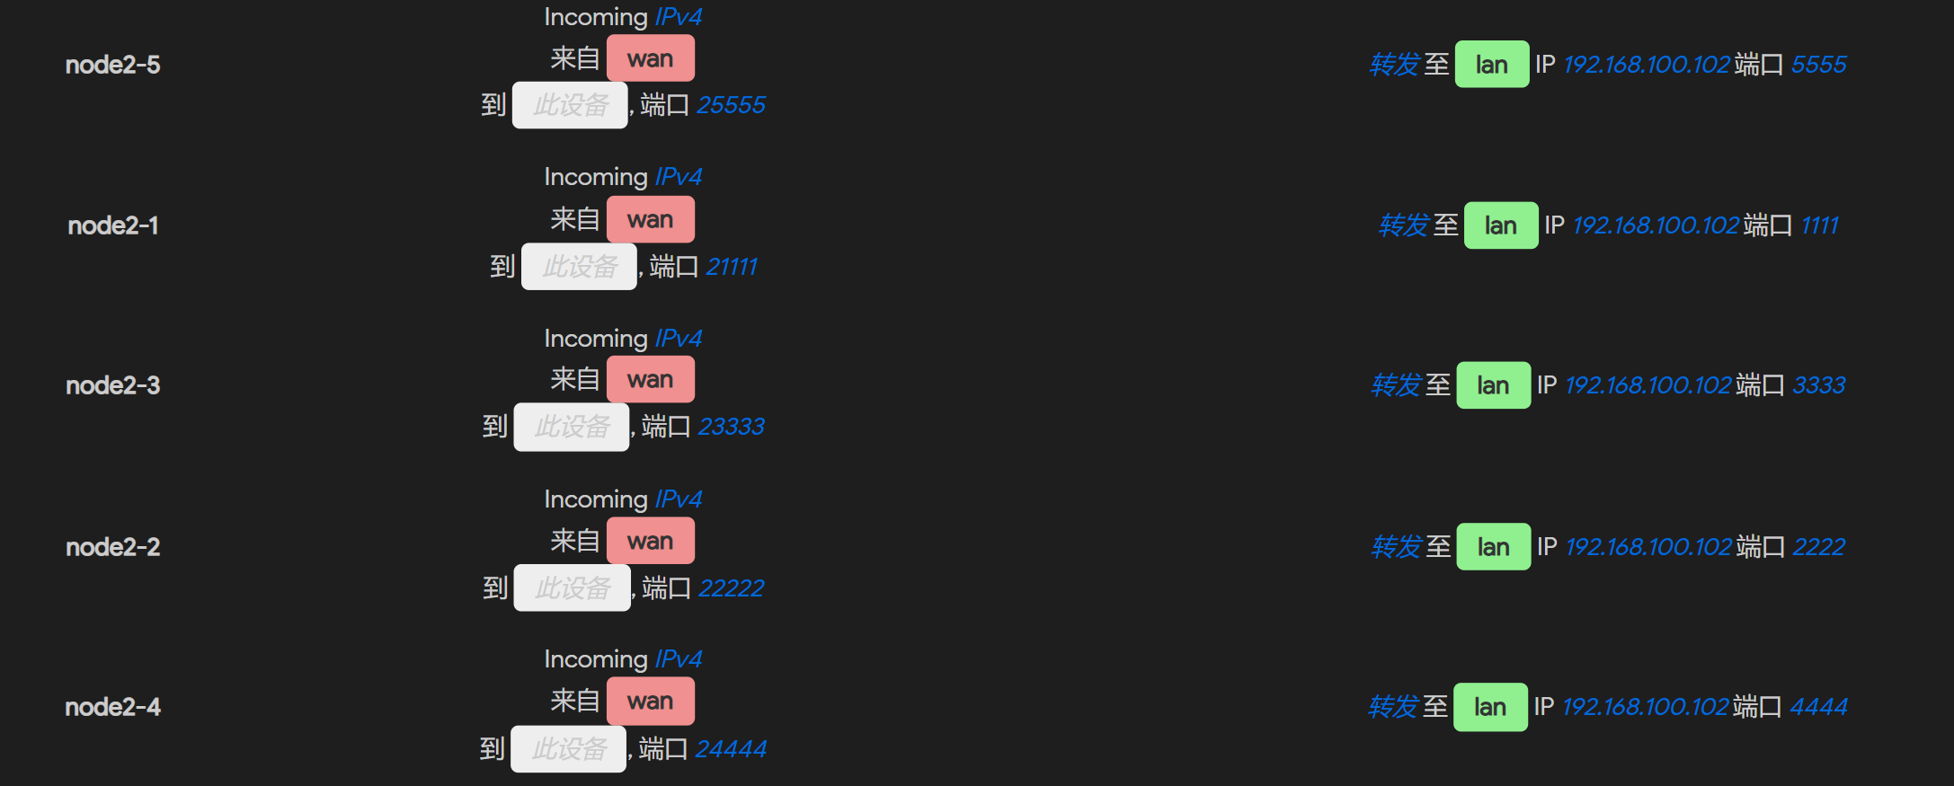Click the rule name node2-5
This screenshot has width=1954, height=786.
(x=113, y=65)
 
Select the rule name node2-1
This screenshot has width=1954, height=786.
(x=113, y=225)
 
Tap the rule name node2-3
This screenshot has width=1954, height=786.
(x=113, y=385)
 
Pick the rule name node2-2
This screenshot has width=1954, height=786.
(x=113, y=547)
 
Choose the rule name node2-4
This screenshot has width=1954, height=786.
(x=113, y=707)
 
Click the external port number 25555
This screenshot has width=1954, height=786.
(x=732, y=105)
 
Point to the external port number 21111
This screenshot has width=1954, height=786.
(x=732, y=267)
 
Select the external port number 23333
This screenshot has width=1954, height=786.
(x=732, y=427)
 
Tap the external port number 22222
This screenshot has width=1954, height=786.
(x=732, y=588)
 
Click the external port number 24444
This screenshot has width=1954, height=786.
(x=732, y=748)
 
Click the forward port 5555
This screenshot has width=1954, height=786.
(x=1819, y=65)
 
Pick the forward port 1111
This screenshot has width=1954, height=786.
(x=1820, y=225)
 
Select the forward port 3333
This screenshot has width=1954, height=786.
(x=1819, y=385)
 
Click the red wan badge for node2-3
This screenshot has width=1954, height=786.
(x=651, y=380)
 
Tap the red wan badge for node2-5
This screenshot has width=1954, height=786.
(x=651, y=58)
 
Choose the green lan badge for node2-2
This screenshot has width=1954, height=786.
(x=1493, y=547)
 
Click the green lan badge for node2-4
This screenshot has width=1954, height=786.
(x=1490, y=707)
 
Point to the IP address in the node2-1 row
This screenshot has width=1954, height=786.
(x=1656, y=225)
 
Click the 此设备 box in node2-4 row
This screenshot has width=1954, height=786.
(x=569, y=748)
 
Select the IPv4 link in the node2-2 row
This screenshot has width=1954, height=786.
(x=679, y=499)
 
